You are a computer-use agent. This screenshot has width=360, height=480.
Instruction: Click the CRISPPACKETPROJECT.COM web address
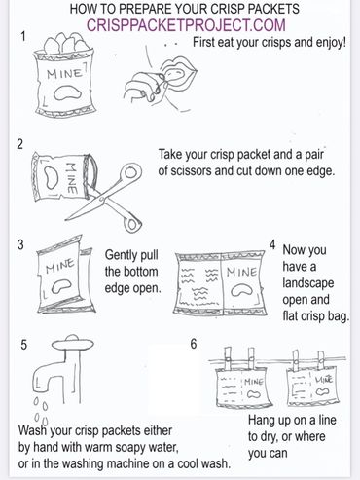(186, 25)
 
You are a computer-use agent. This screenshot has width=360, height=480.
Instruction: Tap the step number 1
(23, 36)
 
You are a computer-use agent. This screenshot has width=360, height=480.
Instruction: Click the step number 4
(272, 245)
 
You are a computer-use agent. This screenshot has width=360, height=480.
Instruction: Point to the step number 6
(194, 344)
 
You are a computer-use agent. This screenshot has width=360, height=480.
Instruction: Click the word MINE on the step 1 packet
(64, 74)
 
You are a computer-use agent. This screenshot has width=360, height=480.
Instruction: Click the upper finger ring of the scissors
(130, 173)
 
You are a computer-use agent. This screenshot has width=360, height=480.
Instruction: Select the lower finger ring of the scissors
(132, 222)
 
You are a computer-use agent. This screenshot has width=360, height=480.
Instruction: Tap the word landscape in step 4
(307, 283)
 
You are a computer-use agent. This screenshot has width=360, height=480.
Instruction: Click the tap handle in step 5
(72, 344)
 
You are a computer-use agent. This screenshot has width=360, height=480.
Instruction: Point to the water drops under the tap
(41, 411)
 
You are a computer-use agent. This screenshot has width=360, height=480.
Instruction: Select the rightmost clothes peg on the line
(321, 361)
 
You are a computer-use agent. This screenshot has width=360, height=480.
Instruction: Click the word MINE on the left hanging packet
(254, 382)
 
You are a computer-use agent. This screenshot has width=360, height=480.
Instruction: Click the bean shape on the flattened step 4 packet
(242, 290)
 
